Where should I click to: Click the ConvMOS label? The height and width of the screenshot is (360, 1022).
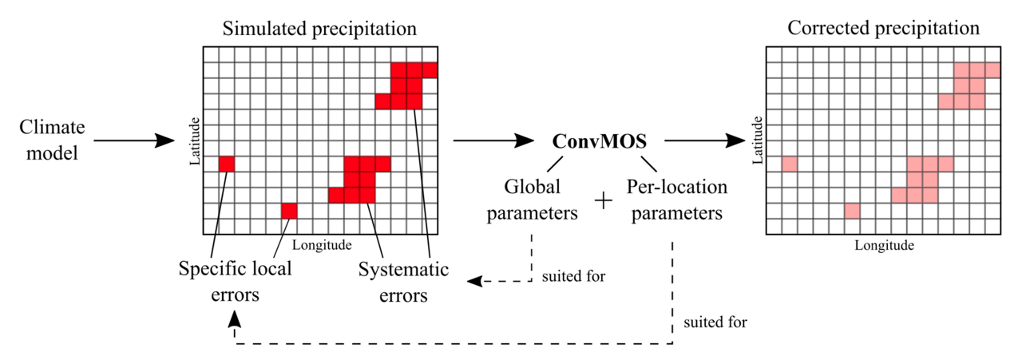click(600, 141)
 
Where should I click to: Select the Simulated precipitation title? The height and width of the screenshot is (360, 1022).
click(319, 29)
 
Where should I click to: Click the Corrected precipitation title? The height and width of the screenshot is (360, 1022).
click(883, 29)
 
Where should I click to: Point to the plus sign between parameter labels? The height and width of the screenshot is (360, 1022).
click(604, 202)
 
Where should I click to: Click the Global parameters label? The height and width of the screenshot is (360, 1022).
click(533, 200)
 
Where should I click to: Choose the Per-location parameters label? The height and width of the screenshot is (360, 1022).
click(676, 200)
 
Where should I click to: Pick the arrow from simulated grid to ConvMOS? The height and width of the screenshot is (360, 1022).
click(493, 141)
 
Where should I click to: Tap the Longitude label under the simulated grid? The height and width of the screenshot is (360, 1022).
click(323, 244)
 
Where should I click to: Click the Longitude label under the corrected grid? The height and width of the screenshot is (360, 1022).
click(884, 246)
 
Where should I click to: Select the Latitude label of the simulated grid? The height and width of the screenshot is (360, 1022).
click(192, 142)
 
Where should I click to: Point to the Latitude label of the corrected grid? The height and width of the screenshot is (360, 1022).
click(757, 142)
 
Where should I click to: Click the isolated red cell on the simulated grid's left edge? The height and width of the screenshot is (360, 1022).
click(227, 164)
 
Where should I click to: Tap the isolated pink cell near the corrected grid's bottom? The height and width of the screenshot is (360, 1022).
click(852, 211)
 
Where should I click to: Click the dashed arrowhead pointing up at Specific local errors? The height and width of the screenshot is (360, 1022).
click(234, 318)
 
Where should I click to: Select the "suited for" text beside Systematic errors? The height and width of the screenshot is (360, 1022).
click(573, 277)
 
